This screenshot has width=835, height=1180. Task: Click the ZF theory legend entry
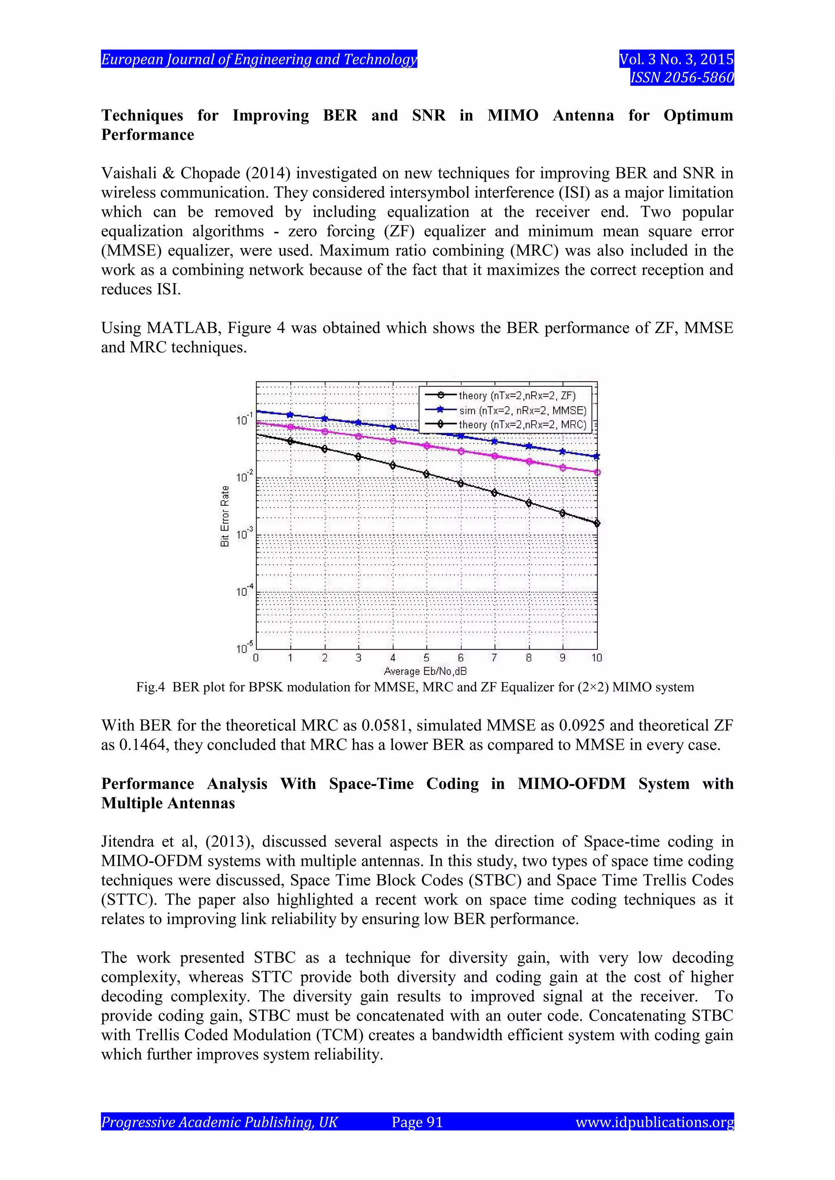(517, 395)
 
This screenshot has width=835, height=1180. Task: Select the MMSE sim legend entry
(522, 410)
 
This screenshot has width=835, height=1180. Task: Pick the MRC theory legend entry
(522, 425)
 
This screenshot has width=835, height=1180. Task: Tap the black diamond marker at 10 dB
(597, 523)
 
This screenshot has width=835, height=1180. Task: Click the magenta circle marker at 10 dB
(597, 472)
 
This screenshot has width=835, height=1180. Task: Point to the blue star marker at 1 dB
(290, 415)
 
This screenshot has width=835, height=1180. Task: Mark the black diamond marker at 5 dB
(426, 474)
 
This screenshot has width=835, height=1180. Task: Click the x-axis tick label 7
(494, 658)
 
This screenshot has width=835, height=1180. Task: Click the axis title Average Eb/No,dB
(425, 671)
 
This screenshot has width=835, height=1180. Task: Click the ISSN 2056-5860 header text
(682, 77)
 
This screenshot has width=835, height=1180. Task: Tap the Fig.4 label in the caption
(150, 687)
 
